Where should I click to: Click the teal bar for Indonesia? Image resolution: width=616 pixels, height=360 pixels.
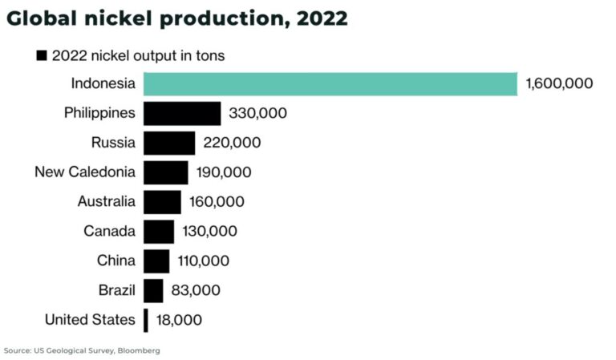pos(330,83)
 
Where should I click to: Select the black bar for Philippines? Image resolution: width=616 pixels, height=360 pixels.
pos(182,113)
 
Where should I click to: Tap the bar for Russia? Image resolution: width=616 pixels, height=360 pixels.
pos(169,143)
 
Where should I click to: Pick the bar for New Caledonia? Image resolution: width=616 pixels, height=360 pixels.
pos(166,172)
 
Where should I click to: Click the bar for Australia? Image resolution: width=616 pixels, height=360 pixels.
pos(162,202)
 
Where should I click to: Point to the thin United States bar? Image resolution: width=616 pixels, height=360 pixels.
pos(146,320)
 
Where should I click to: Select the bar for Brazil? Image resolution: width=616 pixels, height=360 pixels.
pos(154,290)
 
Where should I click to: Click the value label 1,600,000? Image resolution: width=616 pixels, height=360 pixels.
pos(559,83)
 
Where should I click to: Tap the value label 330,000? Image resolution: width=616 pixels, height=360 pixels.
pos(257,113)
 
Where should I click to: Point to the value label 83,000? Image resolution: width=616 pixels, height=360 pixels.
pos(195,290)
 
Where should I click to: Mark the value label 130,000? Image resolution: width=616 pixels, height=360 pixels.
pos(209,232)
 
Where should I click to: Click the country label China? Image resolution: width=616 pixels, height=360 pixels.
pos(115,261)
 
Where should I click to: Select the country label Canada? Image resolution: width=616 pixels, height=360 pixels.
pos(109,232)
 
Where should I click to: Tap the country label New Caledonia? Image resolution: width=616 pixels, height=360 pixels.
pos(85,172)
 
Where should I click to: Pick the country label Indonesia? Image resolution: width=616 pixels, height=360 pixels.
pos(103,83)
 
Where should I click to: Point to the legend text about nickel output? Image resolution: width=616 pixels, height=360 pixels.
pos(138,56)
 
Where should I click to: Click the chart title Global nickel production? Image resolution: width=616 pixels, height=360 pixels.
pos(176,18)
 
